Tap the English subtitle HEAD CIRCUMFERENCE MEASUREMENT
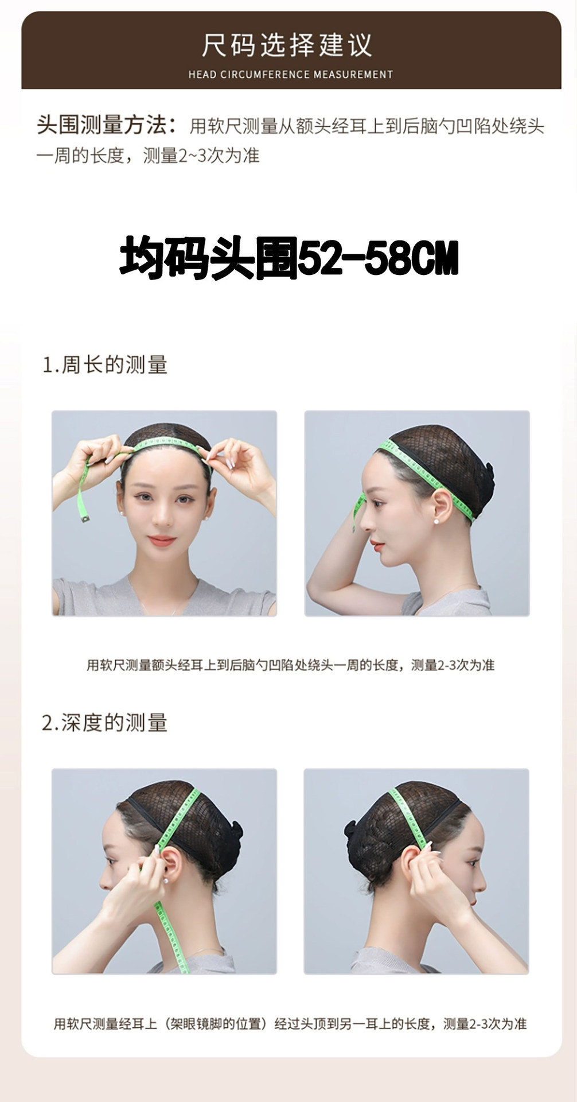click(290, 75)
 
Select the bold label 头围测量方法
click(106, 125)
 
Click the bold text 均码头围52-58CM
click(289, 259)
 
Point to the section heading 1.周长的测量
click(105, 365)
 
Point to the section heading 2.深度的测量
click(105, 723)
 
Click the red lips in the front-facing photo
click(162, 540)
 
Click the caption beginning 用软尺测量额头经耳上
click(290, 665)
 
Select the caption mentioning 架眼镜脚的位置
click(290, 1023)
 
